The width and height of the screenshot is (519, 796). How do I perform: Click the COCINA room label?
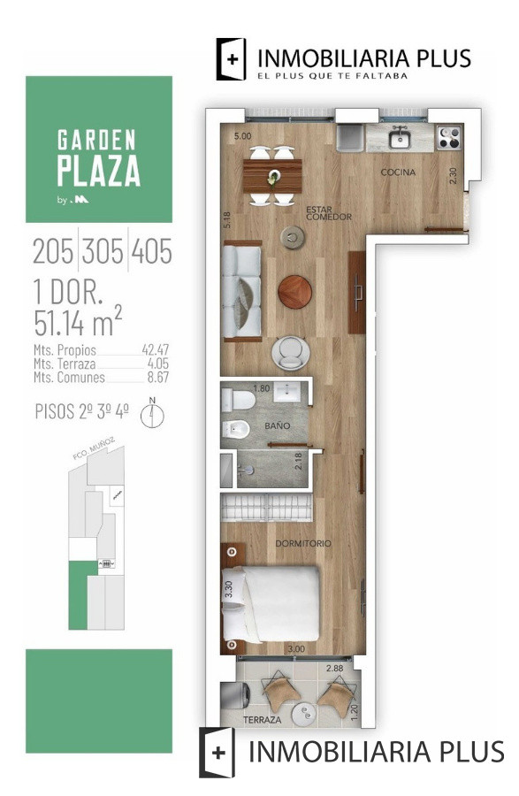coord(398,172)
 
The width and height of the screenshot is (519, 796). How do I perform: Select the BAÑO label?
coord(277,425)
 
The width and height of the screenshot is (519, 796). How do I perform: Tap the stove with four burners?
coord(448,138)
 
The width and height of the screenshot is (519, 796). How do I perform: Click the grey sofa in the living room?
coord(241,291)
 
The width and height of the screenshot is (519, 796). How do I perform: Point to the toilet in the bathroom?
coord(238,400)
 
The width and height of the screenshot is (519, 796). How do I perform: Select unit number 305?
coord(103,252)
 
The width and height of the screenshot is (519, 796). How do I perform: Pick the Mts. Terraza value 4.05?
coord(156,364)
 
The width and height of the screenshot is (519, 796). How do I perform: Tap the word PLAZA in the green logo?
coord(98,170)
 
